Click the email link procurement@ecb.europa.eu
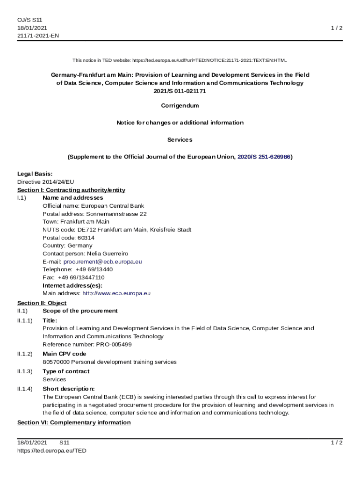click(102, 261)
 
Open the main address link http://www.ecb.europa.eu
click(116, 293)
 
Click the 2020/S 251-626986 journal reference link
click(264, 157)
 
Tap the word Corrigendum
click(180, 106)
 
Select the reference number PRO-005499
click(114, 344)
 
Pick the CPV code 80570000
click(56, 362)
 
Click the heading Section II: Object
click(42, 303)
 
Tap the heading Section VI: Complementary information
click(74, 422)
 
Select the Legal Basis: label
click(35, 174)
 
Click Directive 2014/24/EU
click(46, 182)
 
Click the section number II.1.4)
click(25, 389)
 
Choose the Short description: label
click(69, 389)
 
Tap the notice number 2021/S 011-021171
click(180, 91)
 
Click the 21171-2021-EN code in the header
click(38, 36)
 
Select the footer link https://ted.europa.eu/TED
click(52, 450)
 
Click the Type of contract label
click(66, 371)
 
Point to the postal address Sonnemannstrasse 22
click(116, 214)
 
